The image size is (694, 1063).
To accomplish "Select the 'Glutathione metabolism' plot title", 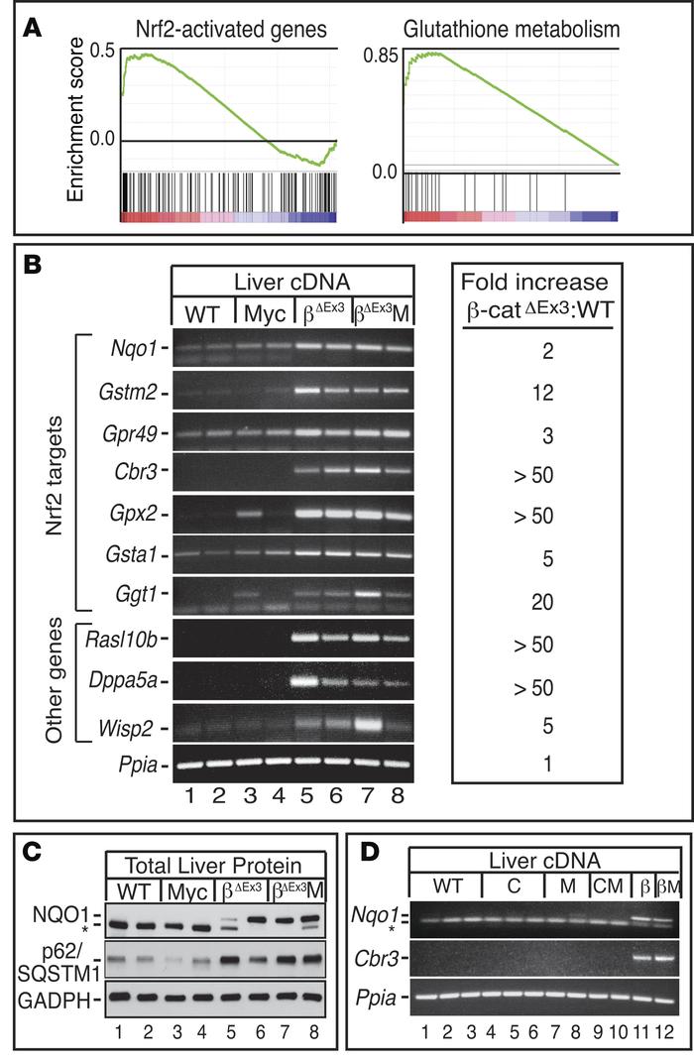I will (x=513, y=24).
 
